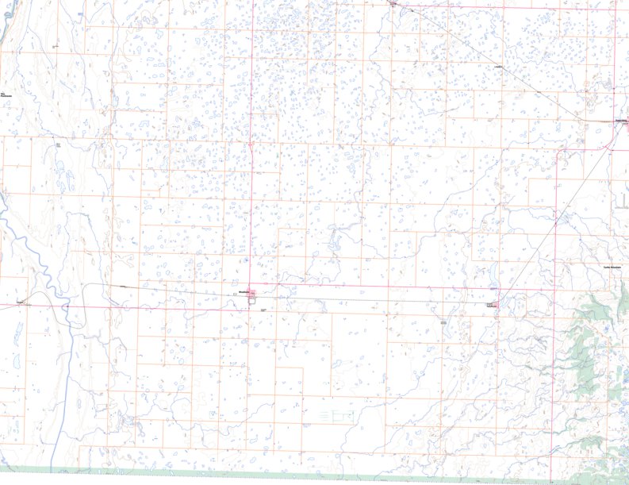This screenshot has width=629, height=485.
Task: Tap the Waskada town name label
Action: [244, 292]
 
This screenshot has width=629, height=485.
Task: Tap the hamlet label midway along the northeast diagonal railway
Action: [499, 67]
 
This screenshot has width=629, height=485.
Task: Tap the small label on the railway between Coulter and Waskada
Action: [123, 285]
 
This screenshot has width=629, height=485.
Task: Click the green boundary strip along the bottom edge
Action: [317, 472]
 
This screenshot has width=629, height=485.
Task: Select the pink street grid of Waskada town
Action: [252, 297]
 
